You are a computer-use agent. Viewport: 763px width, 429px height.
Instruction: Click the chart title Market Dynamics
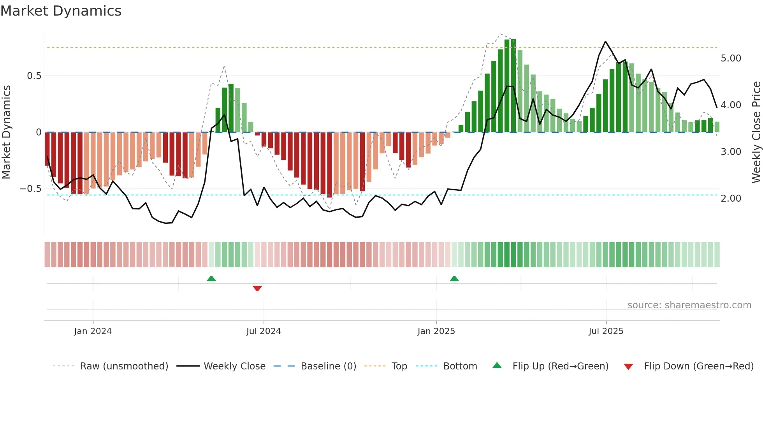(x=61, y=11)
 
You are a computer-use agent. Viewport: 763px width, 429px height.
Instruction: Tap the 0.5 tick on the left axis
(x=34, y=76)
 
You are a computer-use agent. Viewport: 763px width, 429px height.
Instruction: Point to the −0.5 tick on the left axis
(x=31, y=189)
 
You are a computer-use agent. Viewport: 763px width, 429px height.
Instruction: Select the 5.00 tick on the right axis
(x=731, y=58)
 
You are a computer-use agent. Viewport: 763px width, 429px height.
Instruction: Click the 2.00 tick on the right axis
(x=731, y=199)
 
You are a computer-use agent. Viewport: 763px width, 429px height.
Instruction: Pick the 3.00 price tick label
(x=731, y=152)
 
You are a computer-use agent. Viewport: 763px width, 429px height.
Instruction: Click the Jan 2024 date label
(x=93, y=331)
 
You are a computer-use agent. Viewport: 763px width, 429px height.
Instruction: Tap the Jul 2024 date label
(x=264, y=331)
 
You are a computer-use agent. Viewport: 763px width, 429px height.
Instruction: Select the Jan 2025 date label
(x=436, y=331)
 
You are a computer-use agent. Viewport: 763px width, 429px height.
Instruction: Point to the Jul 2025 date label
(x=606, y=331)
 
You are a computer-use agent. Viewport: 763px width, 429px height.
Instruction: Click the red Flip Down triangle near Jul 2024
(x=257, y=288)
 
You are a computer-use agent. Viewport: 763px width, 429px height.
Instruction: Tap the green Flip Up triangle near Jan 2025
(x=454, y=278)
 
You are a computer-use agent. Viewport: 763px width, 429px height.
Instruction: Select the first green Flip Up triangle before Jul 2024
(x=211, y=278)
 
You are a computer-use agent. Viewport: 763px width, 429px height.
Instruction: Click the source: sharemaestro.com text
(x=689, y=305)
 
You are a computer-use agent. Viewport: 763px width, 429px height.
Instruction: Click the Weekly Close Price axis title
(x=756, y=132)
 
